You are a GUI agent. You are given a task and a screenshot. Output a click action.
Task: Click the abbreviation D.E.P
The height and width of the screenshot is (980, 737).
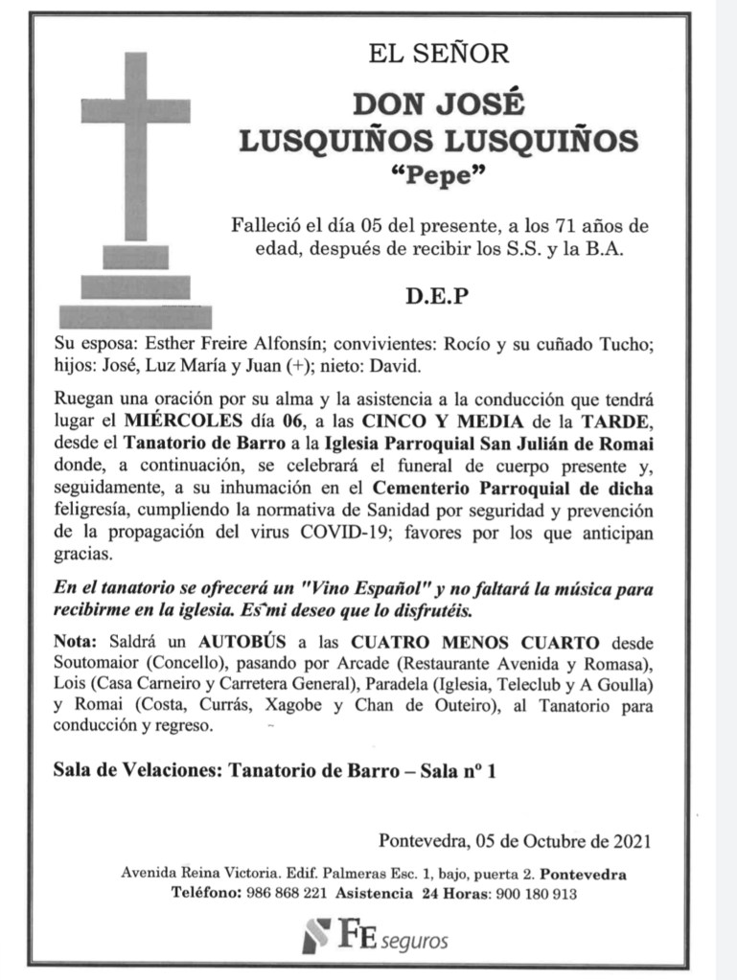click(438, 296)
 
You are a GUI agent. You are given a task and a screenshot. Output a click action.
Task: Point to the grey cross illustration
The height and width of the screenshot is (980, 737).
click(135, 192)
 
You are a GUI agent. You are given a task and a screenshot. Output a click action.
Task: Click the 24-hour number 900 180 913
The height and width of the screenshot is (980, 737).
click(536, 893)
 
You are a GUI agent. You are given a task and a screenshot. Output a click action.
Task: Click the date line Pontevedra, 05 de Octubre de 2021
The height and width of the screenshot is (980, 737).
click(516, 842)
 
